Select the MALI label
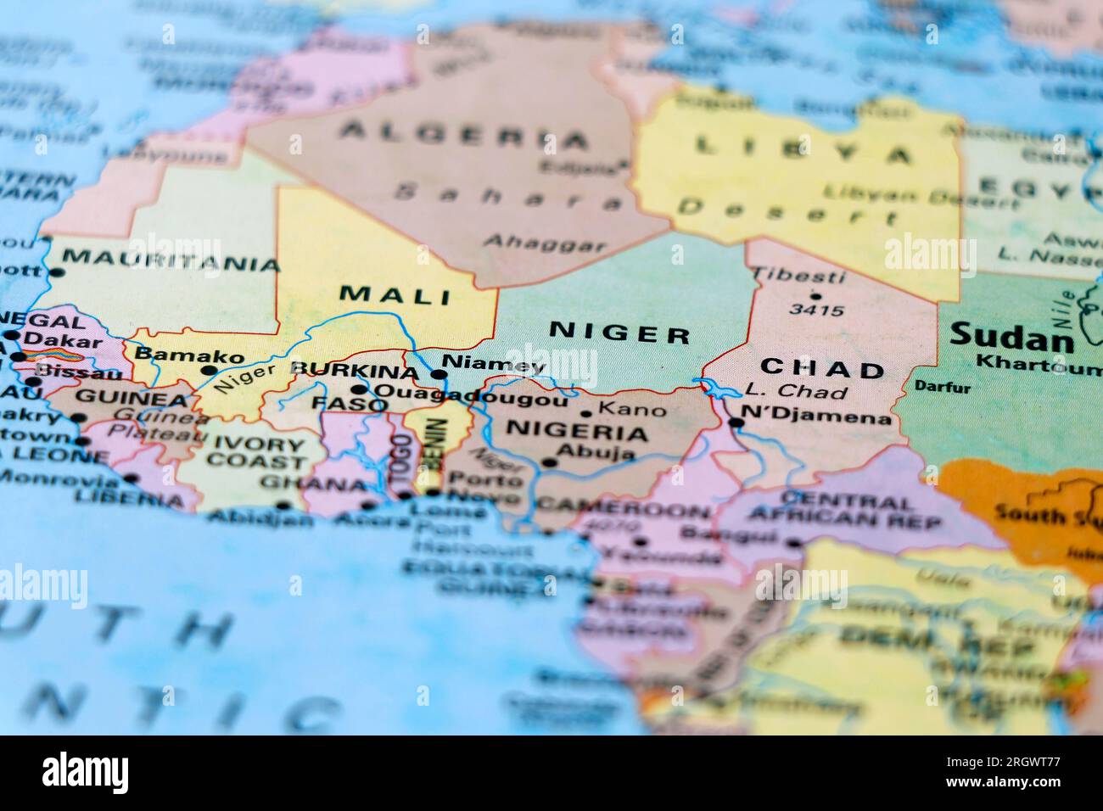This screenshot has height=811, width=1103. (395, 295)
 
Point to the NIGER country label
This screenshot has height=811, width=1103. (619, 333)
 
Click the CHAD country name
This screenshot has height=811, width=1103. (822, 369)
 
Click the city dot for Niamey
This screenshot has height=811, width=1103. (439, 374)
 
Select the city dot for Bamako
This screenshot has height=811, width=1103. (209, 371)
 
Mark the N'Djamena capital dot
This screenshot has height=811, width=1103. (736, 422)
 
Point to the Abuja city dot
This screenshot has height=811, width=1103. (550, 463)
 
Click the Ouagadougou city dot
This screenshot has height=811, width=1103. (360, 390)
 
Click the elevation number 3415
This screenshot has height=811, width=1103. (816, 310)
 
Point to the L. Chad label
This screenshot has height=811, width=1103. (796, 392)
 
